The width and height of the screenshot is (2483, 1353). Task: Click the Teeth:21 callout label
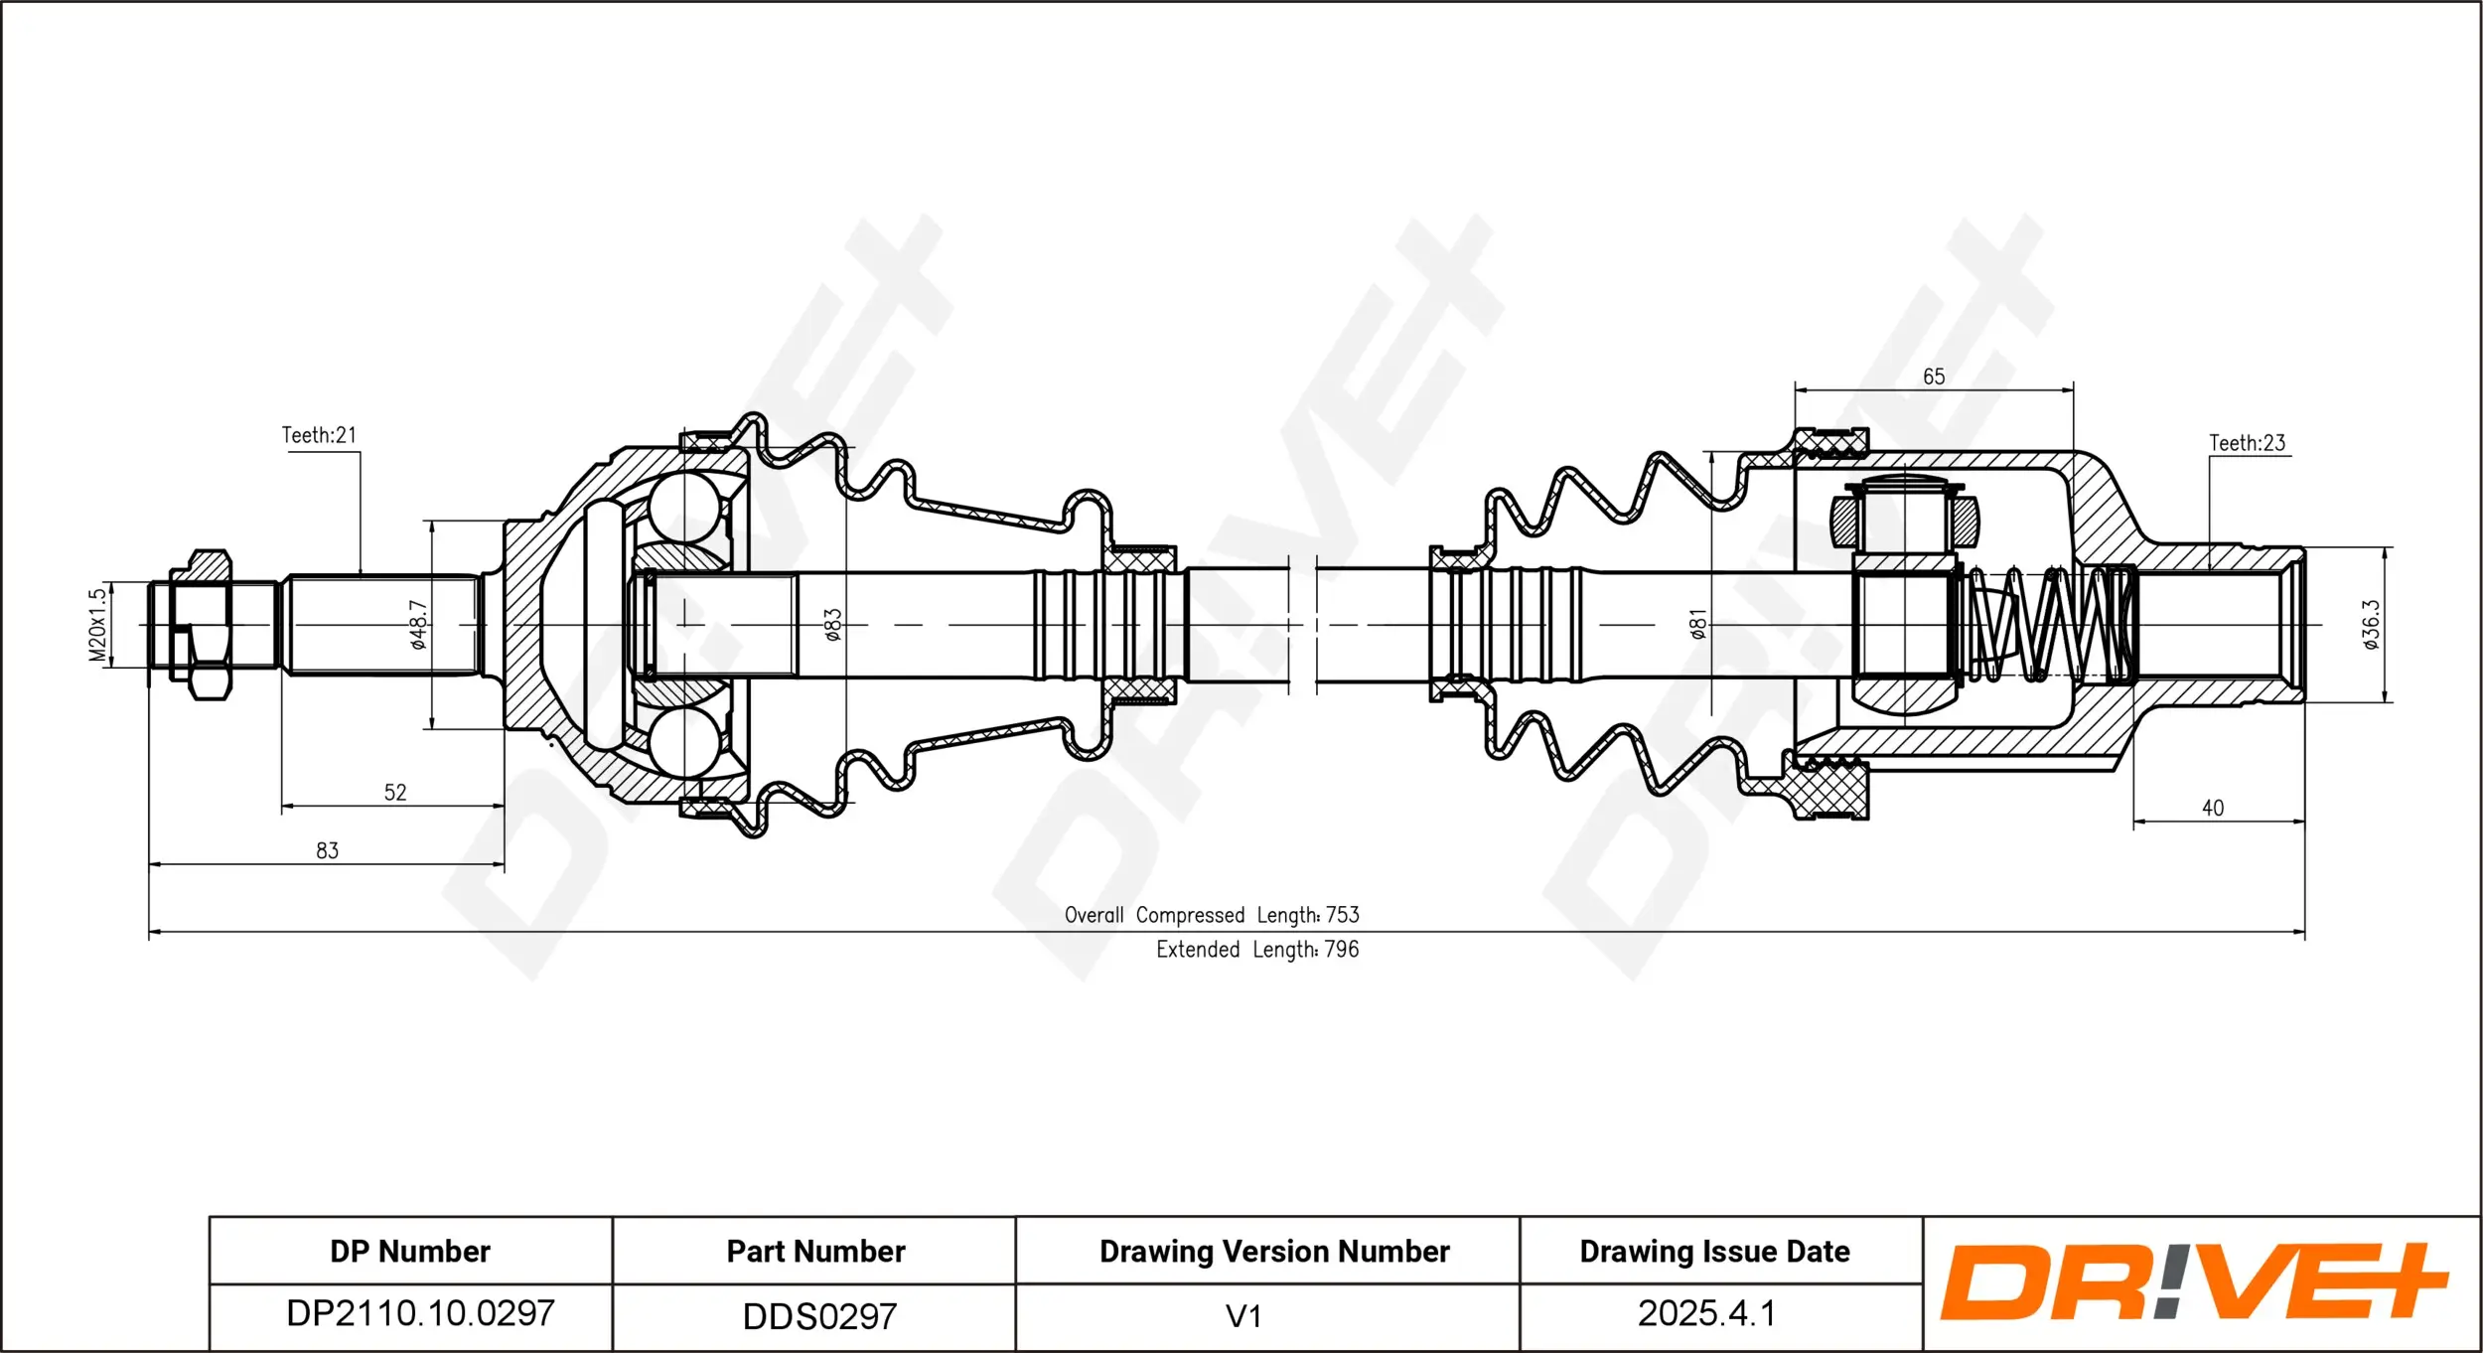pos(319,435)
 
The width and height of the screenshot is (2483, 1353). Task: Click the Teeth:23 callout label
pos(2247,443)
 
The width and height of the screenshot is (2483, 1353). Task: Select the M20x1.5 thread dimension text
pos(97,625)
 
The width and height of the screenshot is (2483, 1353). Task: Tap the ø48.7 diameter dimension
pos(418,625)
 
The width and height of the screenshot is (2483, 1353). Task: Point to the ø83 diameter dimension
pos(832,625)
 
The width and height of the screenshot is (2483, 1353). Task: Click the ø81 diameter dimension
pos(1698,625)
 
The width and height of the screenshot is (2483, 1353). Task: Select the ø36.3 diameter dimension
pos(2371,625)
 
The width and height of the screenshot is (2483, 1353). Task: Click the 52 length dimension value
pos(395,793)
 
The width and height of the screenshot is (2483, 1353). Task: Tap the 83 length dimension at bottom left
pos(327,850)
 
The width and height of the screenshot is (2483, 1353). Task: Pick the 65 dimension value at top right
pos(1934,376)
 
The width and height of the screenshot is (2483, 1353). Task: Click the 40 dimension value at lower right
pos(2213,809)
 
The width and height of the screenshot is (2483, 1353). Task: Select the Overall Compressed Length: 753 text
pos(1212,915)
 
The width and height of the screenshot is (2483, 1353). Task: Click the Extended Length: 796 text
pos(1257,950)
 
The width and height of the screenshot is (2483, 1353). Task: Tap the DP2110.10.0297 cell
pos(420,1313)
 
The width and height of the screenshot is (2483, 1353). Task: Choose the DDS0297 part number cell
pos(819,1316)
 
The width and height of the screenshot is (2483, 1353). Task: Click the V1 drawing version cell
pos(1243,1316)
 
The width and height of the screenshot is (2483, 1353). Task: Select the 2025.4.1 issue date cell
pos(1705,1313)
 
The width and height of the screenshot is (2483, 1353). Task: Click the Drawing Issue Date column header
pos(1714,1252)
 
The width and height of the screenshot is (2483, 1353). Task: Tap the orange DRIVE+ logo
pos(2193,1281)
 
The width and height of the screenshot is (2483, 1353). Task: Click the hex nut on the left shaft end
pos(209,625)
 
